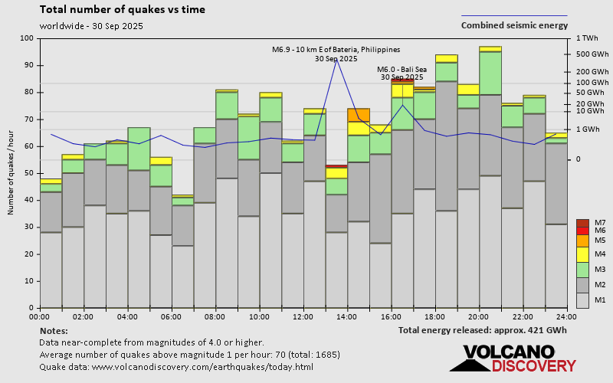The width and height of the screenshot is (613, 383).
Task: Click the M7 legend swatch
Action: coord(582,223)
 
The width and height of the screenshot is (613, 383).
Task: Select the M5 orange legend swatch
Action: coord(582,241)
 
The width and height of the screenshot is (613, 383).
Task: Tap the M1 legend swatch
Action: coord(582,300)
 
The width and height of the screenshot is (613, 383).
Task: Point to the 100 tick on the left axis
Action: coord(27,38)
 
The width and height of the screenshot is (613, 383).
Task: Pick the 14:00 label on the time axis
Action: coord(347,316)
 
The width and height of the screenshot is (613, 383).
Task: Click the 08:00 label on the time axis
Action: coord(215,316)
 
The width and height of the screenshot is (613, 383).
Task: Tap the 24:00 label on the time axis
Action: coord(566,316)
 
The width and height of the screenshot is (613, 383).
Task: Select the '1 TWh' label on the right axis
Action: coord(590,38)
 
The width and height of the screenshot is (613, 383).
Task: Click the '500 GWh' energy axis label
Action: coord(592,54)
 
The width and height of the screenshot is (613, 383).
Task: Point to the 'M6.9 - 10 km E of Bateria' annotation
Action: coord(336,50)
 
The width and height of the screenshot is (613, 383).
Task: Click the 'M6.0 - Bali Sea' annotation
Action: coord(402,68)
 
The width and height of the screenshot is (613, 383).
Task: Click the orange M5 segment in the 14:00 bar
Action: coord(359,115)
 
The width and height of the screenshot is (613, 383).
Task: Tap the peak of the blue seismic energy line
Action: coord(336,59)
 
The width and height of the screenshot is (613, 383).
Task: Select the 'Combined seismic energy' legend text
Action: coord(513,25)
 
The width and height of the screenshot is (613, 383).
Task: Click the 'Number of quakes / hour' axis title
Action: coord(12,173)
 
